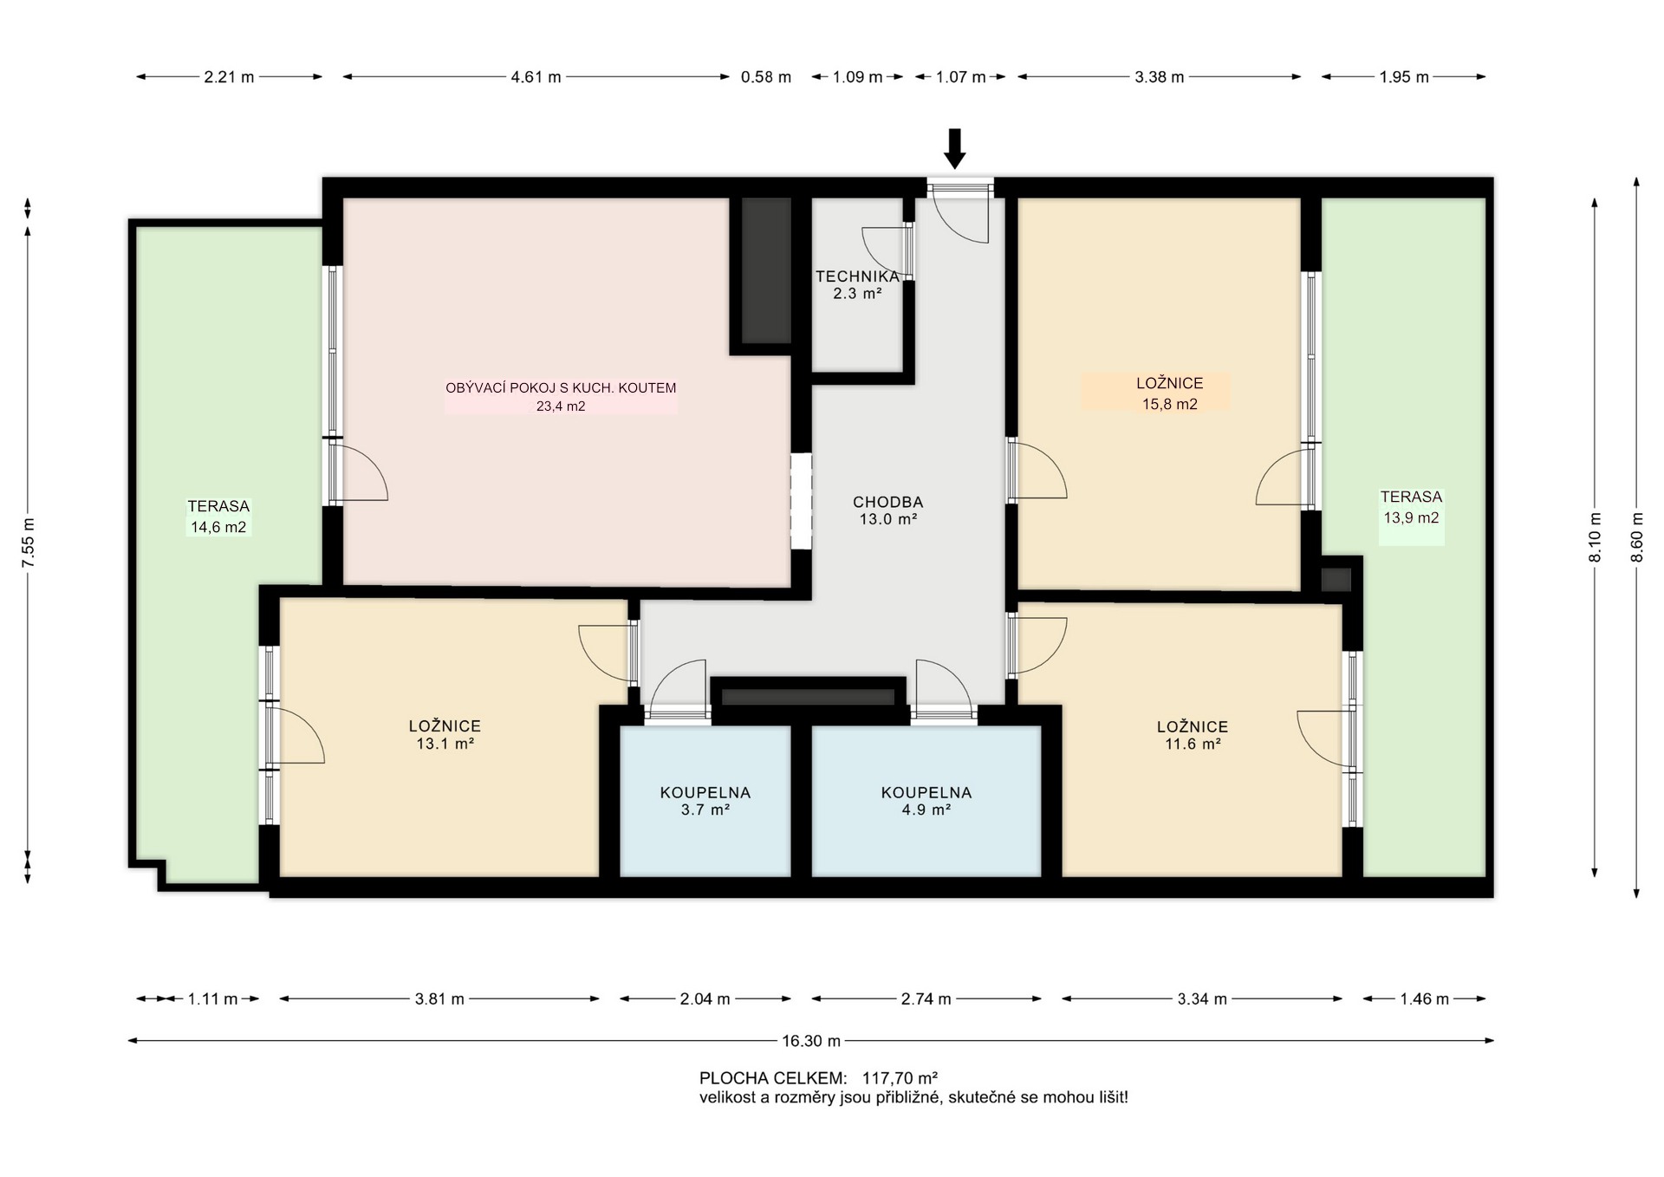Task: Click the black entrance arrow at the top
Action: pyautogui.click(x=954, y=148)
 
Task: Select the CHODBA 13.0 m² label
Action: pyautogui.click(x=888, y=510)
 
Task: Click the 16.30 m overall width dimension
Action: pyautogui.click(x=811, y=1041)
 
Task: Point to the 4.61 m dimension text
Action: pyautogui.click(x=536, y=77)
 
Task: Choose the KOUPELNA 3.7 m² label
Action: pyautogui.click(x=705, y=801)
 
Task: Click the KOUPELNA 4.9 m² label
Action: pyautogui.click(x=926, y=801)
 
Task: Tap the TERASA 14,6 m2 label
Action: pyautogui.click(x=218, y=517)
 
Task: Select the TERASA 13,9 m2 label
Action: pyautogui.click(x=1411, y=507)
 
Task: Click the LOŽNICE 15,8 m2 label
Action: pyautogui.click(x=1170, y=393)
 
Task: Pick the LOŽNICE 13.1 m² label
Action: pyautogui.click(x=445, y=735)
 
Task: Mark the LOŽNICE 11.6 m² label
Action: pyautogui.click(x=1193, y=735)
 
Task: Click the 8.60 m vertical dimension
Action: pyautogui.click(x=1636, y=537)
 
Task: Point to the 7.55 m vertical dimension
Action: pyautogui.click(x=28, y=541)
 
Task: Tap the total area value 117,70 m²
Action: pyautogui.click(x=900, y=1078)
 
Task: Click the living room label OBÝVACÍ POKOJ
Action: pyautogui.click(x=561, y=388)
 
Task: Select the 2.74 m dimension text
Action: pyautogui.click(x=926, y=999)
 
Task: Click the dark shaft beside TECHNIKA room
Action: pyautogui.click(x=766, y=270)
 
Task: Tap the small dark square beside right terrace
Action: pyautogui.click(x=1336, y=579)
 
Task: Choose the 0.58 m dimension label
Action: pyautogui.click(x=766, y=77)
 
